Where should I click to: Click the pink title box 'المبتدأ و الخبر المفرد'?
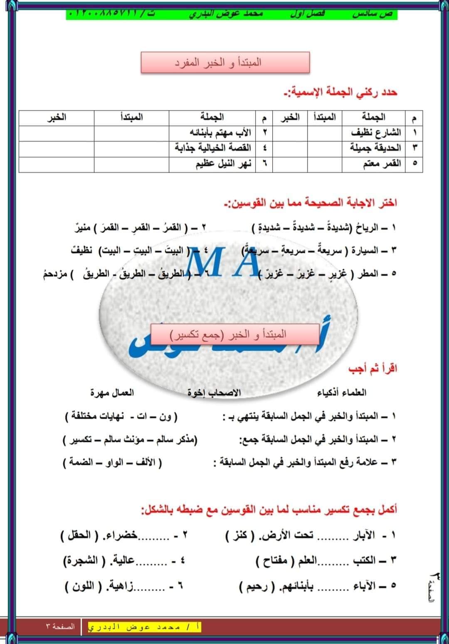[x=225, y=63]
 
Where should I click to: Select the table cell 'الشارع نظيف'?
[x=376, y=133]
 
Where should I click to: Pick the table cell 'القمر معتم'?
[x=382, y=163]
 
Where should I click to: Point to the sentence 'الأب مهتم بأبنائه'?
[x=221, y=133]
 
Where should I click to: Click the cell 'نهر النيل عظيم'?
[x=224, y=163]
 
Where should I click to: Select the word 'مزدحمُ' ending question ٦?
[x=54, y=274]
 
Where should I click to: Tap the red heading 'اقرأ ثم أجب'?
[x=373, y=369]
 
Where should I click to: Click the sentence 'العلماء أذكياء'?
[x=342, y=392]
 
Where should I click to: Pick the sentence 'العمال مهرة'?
[x=112, y=392]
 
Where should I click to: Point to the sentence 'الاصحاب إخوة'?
[x=214, y=392]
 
